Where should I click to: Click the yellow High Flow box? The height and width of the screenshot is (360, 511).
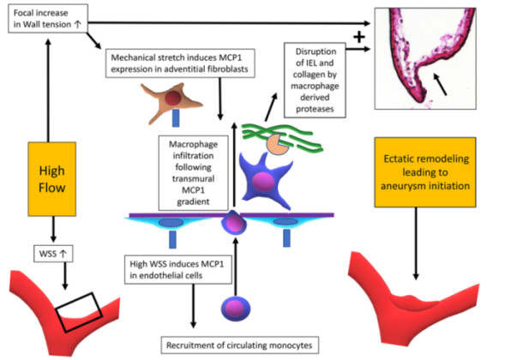[52, 179]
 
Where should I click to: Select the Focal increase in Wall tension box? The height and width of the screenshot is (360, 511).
[48, 19]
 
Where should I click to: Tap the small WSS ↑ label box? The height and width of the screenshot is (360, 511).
[53, 254]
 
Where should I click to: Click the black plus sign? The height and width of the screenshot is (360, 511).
[358, 37]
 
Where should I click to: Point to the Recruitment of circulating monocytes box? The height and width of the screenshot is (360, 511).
[239, 345]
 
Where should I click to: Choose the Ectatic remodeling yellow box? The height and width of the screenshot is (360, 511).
[425, 172]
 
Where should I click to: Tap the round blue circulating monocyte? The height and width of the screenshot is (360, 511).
[236, 309]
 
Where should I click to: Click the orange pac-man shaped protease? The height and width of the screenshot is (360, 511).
[277, 144]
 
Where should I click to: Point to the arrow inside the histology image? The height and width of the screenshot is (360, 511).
[439, 84]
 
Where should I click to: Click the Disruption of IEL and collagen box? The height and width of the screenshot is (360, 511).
[315, 81]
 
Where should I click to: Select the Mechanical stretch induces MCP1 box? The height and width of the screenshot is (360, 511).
[180, 63]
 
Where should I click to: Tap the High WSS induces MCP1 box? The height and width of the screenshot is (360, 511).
[178, 269]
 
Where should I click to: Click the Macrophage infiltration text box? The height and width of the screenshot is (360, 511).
[193, 173]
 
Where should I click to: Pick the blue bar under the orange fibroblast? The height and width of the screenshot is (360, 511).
[176, 118]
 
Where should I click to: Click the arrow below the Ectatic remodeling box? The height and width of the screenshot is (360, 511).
[416, 243]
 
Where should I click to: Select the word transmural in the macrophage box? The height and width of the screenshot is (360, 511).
[193, 178]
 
